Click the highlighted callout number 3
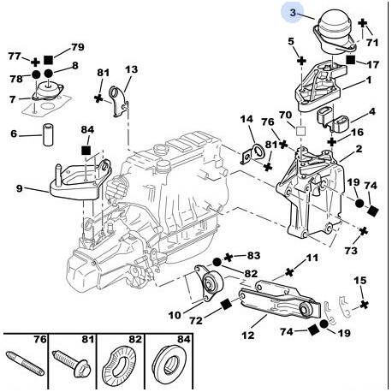click(292, 14)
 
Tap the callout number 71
click(371, 40)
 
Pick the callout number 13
click(131, 69)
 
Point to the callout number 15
click(359, 281)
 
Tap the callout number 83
click(253, 255)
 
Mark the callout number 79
click(77, 46)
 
